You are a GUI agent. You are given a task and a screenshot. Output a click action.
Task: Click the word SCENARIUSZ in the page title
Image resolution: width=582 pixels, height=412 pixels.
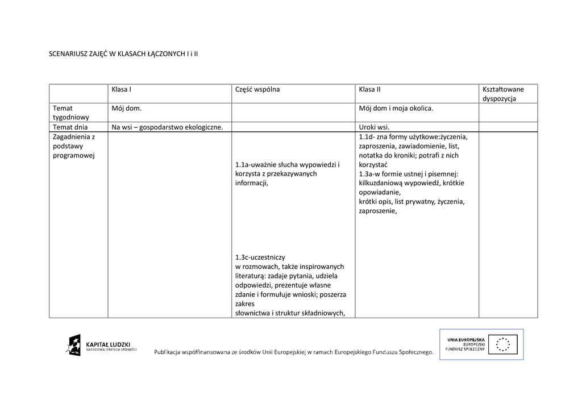click(68, 54)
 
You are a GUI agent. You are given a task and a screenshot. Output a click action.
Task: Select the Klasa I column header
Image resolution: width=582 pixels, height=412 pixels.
click(122, 89)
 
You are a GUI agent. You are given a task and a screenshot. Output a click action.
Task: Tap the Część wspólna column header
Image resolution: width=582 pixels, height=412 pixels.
click(257, 89)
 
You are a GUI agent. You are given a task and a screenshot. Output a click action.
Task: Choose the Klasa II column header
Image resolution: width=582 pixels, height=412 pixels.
click(369, 89)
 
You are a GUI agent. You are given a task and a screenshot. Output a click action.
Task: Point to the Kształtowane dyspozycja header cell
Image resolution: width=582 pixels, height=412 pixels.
click(503, 94)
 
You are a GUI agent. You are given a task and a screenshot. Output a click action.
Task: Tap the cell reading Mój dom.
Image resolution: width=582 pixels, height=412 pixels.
click(126, 108)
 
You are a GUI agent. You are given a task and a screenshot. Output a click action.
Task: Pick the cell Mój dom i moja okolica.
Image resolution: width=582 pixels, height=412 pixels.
click(396, 108)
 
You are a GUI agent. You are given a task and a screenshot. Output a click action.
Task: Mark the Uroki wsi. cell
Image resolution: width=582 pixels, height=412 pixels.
click(374, 127)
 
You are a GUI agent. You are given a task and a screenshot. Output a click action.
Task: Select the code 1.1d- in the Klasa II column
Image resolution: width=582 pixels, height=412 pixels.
click(367, 137)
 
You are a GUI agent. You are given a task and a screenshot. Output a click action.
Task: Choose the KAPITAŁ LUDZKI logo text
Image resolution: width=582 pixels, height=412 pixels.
click(108, 344)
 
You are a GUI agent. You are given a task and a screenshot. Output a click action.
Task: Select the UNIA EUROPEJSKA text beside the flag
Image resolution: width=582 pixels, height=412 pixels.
click(465, 339)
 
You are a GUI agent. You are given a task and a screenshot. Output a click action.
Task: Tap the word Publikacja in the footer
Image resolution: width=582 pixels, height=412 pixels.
click(171, 353)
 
